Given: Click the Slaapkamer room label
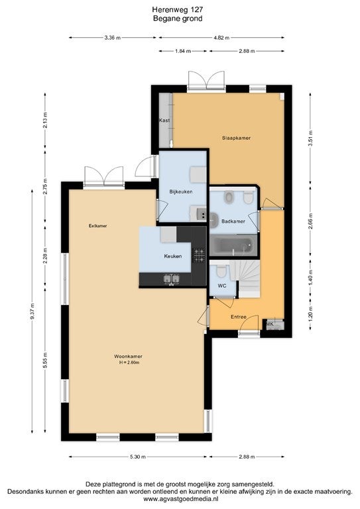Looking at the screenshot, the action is tap(236, 138).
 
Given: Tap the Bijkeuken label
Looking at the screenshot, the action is tap(181, 192).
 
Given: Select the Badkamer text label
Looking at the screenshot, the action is tap(233, 221).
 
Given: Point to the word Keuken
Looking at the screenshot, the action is tap(172, 256).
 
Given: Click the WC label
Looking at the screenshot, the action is tap(222, 286).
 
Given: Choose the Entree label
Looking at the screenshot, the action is tap(239, 317).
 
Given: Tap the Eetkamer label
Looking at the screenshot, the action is tap(97, 225).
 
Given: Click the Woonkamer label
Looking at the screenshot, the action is tap(128, 356).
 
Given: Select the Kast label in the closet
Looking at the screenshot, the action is tap(164, 121).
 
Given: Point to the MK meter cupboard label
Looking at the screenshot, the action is tap(270, 324).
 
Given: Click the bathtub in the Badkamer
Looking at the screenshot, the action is tap(234, 245).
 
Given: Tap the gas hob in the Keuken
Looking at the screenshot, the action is tap(199, 255).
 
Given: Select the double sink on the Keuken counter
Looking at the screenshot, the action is tap(172, 278).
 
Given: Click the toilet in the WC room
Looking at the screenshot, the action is tap(221, 270).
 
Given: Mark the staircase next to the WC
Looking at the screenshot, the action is tap(247, 278).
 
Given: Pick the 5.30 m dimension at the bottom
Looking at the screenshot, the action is tap(138, 457).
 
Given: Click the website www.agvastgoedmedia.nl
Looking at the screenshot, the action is tap(180, 498).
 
